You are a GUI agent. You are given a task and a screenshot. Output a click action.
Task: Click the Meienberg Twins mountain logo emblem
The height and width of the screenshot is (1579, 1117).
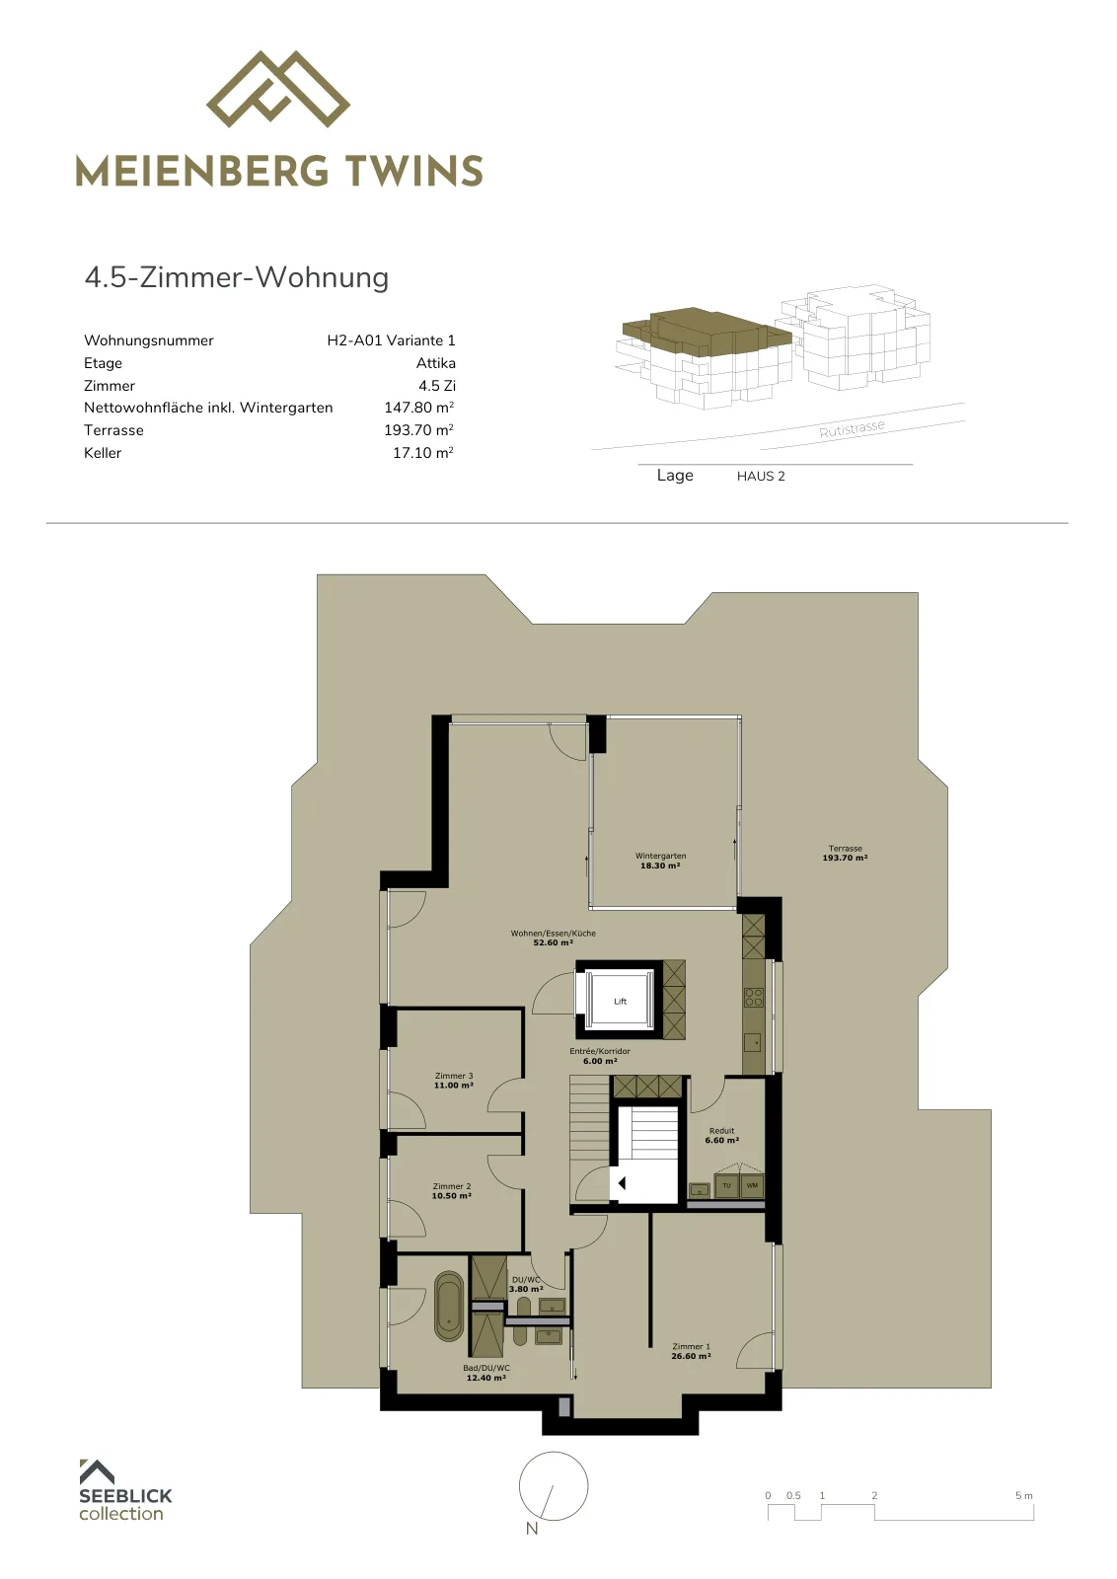277,90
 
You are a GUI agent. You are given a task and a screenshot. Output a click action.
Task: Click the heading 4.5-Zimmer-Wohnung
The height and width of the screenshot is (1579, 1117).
236,277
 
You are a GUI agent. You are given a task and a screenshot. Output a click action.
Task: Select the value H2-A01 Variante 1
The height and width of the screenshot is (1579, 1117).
391,340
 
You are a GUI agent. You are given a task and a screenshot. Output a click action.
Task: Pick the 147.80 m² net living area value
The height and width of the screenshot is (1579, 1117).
418,408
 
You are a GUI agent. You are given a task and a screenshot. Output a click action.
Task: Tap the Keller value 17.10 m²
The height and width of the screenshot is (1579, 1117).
423,453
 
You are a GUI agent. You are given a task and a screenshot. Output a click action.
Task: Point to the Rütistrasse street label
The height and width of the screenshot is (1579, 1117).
852,428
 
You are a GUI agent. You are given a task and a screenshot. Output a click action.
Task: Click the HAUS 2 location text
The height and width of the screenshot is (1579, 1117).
761,476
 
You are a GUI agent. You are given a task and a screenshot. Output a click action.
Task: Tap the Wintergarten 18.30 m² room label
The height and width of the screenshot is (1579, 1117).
660,861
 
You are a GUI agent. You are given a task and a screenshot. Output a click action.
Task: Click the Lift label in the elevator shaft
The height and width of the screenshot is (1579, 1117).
620,1001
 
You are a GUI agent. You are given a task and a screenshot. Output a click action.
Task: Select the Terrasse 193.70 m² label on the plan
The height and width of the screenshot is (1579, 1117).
845,853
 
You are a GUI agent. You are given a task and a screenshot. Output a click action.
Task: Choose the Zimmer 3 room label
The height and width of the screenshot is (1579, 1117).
454,1081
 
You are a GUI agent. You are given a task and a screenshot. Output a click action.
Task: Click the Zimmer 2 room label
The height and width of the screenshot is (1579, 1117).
452,1191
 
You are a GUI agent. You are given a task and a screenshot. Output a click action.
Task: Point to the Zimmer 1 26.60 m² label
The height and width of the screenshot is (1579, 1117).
691,1351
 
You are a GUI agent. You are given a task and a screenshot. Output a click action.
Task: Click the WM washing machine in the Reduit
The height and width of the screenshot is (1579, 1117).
752,1185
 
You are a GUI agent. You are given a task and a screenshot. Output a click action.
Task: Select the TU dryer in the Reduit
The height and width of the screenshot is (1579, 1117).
726,1185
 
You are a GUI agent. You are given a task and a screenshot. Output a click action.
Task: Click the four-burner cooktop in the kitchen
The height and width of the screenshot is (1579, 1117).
753,998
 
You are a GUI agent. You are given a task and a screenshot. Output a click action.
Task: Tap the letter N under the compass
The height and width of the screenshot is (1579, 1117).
532,1529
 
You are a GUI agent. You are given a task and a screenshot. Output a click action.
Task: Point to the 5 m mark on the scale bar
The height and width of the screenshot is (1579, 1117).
1024,1495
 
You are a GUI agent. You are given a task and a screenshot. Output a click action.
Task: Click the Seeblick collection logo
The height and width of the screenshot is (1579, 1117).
124,1491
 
